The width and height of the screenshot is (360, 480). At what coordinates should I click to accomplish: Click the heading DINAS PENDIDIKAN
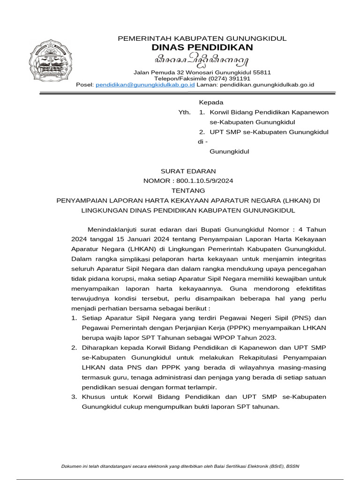[x=202, y=47]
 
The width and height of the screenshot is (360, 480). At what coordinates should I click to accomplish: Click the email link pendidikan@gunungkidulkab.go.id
[x=145, y=85]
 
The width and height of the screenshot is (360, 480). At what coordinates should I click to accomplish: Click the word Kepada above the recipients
[x=211, y=102]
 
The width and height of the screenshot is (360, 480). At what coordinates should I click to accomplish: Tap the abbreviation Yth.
[x=184, y=112]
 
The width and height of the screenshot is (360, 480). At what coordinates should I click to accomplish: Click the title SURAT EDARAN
[x=188, y=171]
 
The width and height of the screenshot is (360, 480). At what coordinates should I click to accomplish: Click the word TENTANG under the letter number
[x=188, y=191]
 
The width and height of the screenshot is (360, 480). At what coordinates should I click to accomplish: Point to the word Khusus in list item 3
[x=93, y=397]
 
